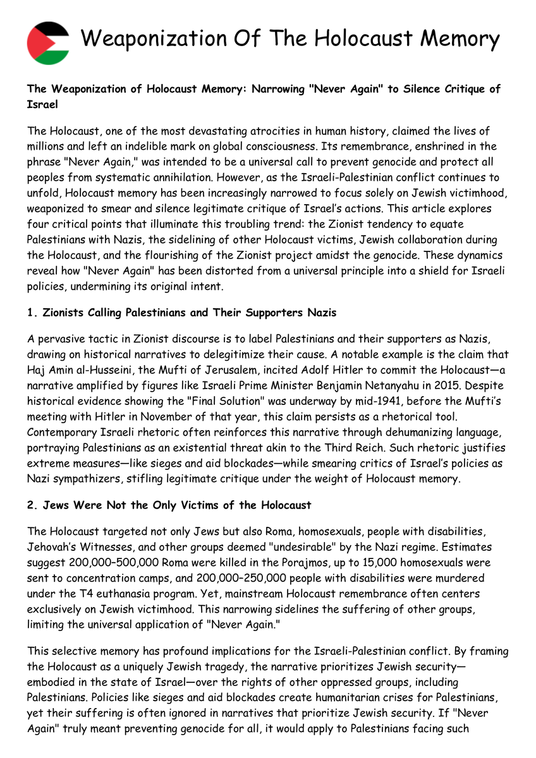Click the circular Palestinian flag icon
pyautogui.click(x=48, y=43)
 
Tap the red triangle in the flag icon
pyautogui.click(x=35, y=43)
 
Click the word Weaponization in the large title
pyautogui.click(x=161, y=39)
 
